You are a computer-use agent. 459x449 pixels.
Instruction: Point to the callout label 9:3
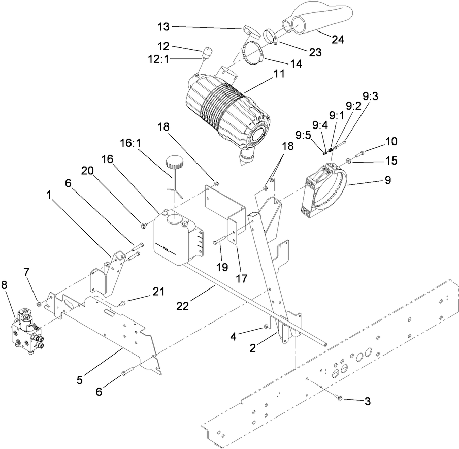[x=370, y=95]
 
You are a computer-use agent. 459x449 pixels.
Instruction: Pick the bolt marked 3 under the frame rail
[x=341, y=397]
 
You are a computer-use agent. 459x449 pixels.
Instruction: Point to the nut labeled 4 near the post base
[x=265, y=328]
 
